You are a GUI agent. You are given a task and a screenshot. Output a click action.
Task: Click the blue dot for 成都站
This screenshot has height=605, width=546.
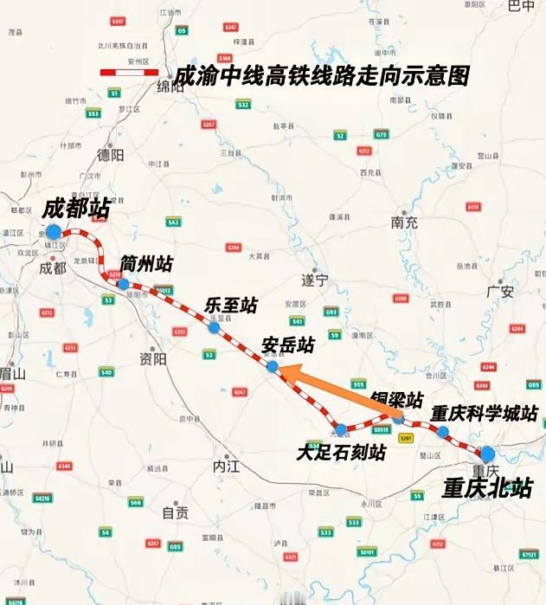(x=54, y=232)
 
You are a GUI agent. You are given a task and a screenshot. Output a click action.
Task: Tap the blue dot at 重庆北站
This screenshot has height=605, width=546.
(x=487, y=454)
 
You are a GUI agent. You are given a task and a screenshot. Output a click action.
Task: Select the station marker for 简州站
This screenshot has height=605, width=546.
(x=124, y=284)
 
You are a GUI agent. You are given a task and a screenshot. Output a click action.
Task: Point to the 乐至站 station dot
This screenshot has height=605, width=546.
(x=214, y=327)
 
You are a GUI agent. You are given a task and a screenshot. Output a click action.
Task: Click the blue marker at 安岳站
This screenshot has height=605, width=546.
(x=273, y=367)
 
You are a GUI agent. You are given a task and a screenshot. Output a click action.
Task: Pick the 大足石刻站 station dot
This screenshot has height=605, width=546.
(x=341, y=429)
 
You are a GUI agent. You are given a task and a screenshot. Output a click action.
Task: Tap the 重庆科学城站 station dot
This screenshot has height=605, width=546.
(x=443, y=431)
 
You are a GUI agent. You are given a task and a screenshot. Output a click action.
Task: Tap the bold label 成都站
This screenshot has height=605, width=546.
(x=72, y=209)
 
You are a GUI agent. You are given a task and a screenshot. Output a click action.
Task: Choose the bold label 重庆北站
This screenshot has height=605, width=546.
(x=487, y=488)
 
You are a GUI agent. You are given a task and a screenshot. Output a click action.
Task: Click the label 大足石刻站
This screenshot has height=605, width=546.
(x=341, y=452)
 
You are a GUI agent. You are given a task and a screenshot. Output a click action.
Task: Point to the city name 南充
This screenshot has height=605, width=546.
(x=404, y=222)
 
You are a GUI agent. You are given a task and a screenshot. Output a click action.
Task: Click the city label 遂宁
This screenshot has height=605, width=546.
(x=314, y=280)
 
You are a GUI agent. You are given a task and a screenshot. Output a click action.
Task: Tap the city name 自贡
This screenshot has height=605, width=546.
(x=175, y=512)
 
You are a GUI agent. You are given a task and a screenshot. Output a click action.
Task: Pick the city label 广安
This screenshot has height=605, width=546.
(x=500, y=292)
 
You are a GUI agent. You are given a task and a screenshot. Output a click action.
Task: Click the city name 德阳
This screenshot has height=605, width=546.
(x=111, y=155)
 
